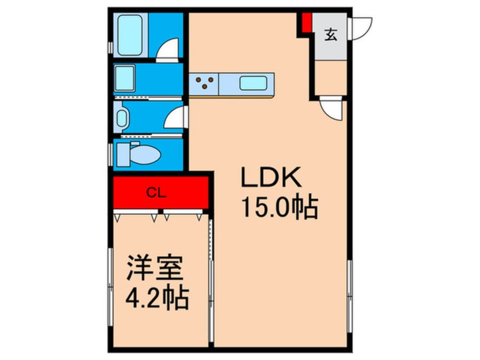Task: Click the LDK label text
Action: click(x=271, y=178)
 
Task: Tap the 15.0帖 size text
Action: click(x=279, y=207)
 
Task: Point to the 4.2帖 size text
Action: click(x=157, y=298)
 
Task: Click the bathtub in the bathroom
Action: click(x=131, y=35)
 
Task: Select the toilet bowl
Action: click(x=139, y=154)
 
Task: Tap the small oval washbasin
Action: click(x=122, y=119)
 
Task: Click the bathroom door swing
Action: click(x=168, y=49)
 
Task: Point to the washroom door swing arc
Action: click(x=174, y=118)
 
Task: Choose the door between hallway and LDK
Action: click(x=331, y=107)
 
